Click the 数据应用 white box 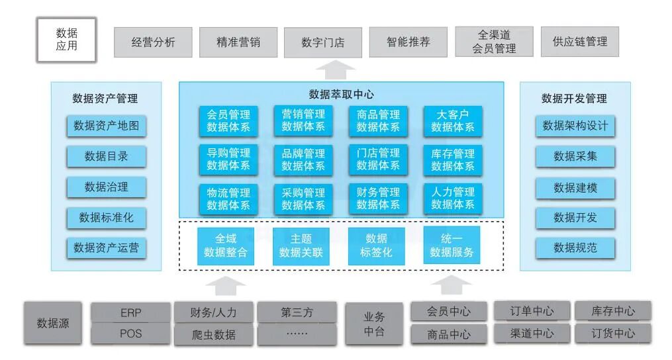[x=66, y=40]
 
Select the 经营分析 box [x=153, y=42]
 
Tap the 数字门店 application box [x=323, y=42]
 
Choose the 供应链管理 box [x=579, y=42]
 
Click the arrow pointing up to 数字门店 [x=331, y=68]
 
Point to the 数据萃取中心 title [x=341, y=95]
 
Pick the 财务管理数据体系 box [x=378, y=199]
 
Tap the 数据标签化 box [x=376, y=246]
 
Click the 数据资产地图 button [x=106, y=126]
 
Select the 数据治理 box [x=106, y=187]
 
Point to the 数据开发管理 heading [x=574, y=99]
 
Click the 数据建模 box [x=575, y=188]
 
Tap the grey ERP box [x=131, y=312]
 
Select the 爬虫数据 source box [x=213, y=335]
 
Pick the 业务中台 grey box [x=374, y=324]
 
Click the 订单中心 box [x=532, y=311]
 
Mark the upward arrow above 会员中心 [x=454, y=285]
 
